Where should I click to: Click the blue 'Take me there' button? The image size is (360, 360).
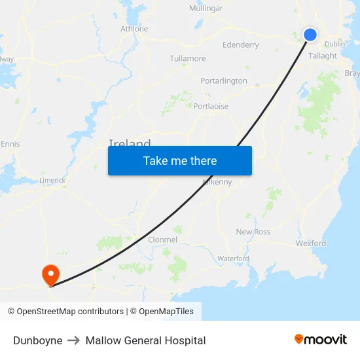point(180,160)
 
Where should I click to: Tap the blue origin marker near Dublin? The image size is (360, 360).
point(310,35)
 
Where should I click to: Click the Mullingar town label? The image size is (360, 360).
point(206,9)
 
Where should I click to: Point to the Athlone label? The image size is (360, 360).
point(134,29)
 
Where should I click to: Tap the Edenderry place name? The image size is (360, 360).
point(241,45)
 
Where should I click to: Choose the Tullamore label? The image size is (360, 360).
point(188,59)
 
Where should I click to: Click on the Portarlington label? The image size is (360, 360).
point(224,81)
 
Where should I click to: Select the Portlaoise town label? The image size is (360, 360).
point(211,106)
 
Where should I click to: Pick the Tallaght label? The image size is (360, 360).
point(323,56)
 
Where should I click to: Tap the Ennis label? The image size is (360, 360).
point(10,144)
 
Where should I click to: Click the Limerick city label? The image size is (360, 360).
point(52,181)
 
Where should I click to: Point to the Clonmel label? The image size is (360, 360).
point(162,240)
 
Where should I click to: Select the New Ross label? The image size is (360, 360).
point(253,232)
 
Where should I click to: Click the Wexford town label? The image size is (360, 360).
point(311,243)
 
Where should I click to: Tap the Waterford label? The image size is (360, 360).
point(233,259)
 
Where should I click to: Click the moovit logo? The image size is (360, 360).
point(321,340)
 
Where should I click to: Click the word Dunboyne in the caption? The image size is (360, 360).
point(38,340)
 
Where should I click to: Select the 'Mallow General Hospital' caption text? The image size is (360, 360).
point(145,340)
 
